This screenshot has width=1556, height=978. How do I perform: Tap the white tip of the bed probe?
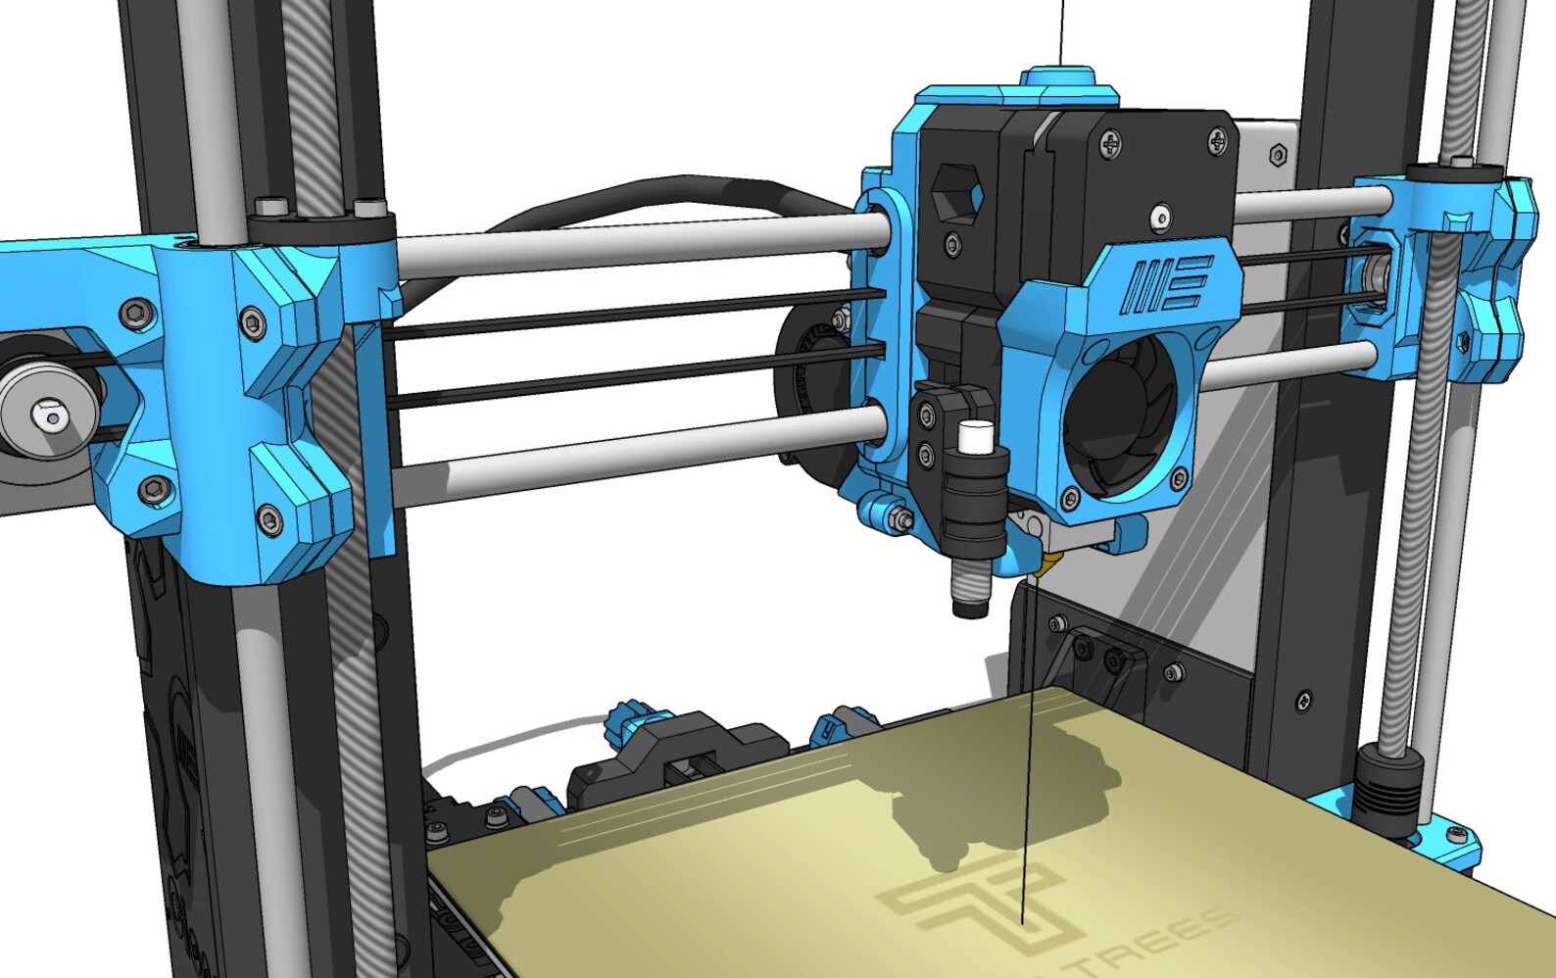(974, 438)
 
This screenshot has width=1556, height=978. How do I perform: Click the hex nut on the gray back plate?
(1278, 155)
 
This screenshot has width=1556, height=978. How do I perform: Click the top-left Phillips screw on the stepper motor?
(1111, 147)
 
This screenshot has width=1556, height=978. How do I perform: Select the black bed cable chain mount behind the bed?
(676, 755)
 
